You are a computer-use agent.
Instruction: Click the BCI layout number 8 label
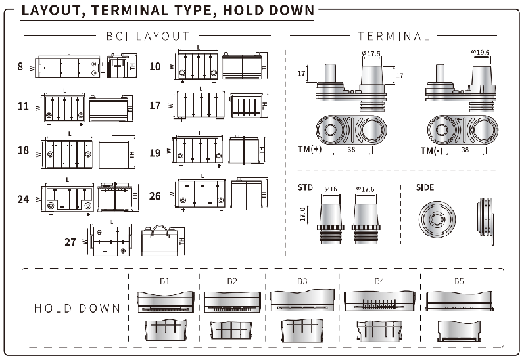click(x=20, y=66)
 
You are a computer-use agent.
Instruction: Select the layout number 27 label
click(x=70, y=241)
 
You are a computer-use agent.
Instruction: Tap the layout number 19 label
click(x=155, y=153)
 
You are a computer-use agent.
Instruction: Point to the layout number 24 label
click(x=24, y=198)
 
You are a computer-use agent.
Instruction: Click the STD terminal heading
click(x=304, y=187)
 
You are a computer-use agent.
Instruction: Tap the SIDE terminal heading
click(x=425, y=187)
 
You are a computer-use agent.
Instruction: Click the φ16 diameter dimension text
click(x=330, y=190)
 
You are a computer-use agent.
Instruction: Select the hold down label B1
click(x=164, y=281)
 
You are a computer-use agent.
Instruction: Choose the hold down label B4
click(x=379, y=281)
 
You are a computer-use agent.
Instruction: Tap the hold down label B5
click(x=458, y=281)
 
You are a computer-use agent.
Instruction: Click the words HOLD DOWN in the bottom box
click(x=77, y=308)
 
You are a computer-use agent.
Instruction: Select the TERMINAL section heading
click(x=393, y=36)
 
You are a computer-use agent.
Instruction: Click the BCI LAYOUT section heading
click(x=147, y=36)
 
